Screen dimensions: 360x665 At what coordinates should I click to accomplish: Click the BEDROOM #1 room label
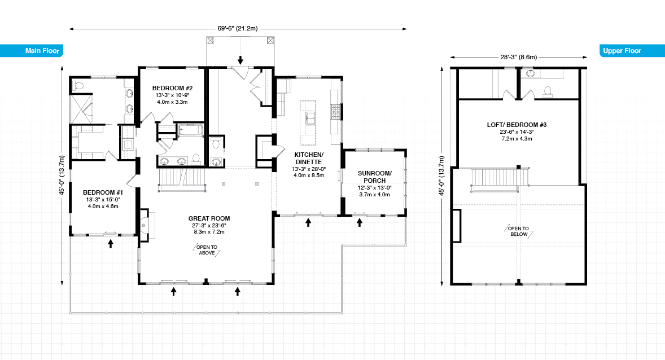pyautogui.click(x=103, y=192)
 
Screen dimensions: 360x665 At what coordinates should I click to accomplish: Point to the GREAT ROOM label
pyautogui.click(x=209, y=218)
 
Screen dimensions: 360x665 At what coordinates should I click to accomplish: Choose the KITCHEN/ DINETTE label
pyautogui.click(x=308, y=157)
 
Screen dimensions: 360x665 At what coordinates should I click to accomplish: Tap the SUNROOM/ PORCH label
pyautogui.click(x=374, y=177)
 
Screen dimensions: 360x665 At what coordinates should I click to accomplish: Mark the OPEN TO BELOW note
pyautogui.click(x=518, y=231)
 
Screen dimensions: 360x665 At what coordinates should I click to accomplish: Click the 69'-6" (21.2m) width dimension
pyautogui.click(x=238, y=28)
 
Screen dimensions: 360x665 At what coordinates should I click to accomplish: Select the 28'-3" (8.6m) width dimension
pyautogui.click(x=518, y=56)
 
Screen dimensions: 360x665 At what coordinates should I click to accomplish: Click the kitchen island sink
pyautogui.click(x=309, y=117)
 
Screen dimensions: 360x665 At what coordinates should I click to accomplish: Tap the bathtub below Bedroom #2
pyautogui.click(x=190, y=131)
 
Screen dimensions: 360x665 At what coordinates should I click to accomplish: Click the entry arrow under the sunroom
pyautogui.click(x=360, y=222)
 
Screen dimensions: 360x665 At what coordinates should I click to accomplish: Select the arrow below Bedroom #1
pyautogui.click(x=111, y=243)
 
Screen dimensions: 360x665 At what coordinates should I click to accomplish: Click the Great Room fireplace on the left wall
pyautogui.click(x=143, y=225)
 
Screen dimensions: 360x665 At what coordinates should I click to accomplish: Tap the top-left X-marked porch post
pyautogui.click(x=210, y=41)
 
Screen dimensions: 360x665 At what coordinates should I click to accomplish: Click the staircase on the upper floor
pyautogui.click(x=493, y=178)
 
